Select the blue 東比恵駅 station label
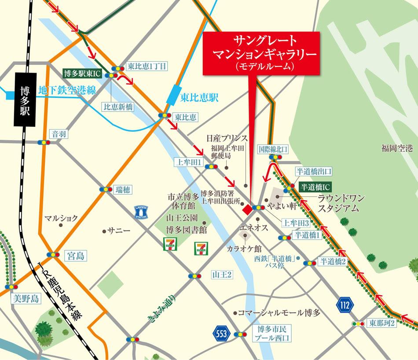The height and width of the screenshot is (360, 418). coord(199,98)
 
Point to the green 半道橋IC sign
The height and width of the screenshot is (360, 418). coord(315,187)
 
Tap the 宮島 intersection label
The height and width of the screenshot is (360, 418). coord(73,255)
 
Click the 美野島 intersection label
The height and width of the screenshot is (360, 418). coord(26,299)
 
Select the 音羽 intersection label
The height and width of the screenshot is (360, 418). coord(59,134)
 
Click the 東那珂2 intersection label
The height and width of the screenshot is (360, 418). coord(382,323)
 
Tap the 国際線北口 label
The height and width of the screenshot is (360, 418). coord(273,149)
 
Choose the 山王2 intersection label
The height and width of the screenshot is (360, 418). coord(222,275)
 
